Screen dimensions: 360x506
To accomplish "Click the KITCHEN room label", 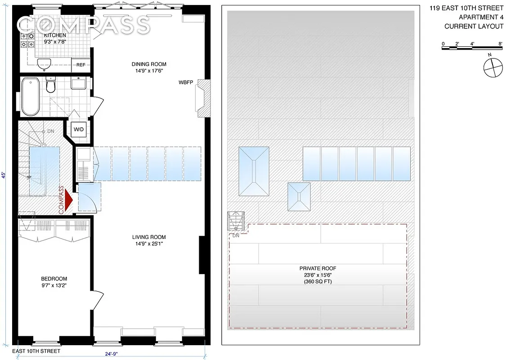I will (x=54, y=35).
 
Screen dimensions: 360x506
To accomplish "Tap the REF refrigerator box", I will (x=81, y=65).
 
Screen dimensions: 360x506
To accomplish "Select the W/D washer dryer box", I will (x=79, y=129).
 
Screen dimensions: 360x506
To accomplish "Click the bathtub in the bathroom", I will (x=31, y=96).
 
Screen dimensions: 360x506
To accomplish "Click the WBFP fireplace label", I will (x=185, y=83).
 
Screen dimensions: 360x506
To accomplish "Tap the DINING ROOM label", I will (x=148, y=64).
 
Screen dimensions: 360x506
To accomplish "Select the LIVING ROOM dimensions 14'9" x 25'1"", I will (x=148, y=245).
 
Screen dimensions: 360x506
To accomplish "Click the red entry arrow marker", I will (x=68, y=200).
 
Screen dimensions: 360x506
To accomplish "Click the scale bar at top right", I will (x=472, y=45).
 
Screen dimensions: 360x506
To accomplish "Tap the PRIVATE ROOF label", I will (x=317, y=268).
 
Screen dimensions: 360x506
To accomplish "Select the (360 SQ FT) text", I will (x=317, y=282).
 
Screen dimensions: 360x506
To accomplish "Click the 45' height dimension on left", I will (x=4, y=175).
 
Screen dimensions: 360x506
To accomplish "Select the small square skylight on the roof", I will (x=299, y=197).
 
